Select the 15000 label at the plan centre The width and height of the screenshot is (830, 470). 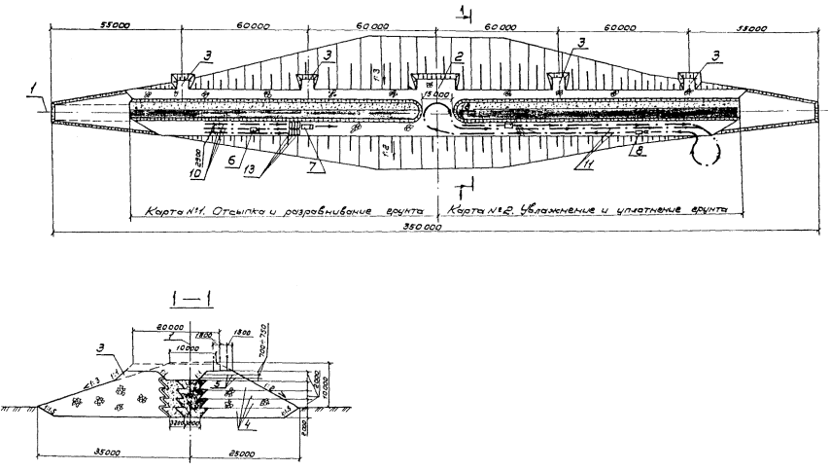436,95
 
